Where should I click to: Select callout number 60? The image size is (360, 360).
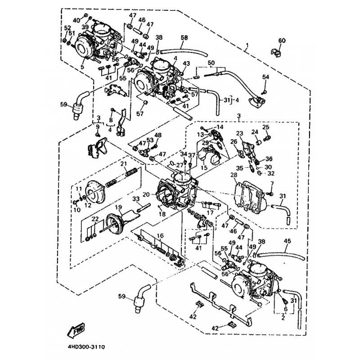click(282, 41)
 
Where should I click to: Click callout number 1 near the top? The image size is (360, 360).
click(247, 46)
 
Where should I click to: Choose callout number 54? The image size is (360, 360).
click(265, 77)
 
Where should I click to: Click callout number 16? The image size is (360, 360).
click(160, 236)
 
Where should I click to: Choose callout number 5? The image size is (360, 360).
click(82, 67)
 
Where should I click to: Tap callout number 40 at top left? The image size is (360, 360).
click(76, 21)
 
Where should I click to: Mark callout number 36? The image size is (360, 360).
click(270, 158)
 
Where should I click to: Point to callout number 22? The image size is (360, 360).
click(94, 219)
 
